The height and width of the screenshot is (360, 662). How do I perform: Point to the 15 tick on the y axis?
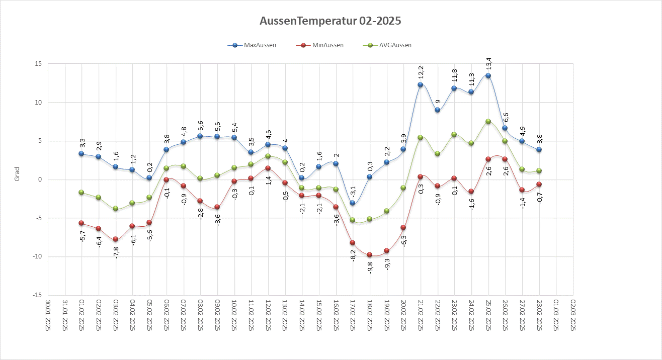39,64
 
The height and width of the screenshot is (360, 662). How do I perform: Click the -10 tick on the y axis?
37,257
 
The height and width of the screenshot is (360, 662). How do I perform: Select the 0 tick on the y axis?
40,179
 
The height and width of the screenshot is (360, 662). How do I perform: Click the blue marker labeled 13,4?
488,76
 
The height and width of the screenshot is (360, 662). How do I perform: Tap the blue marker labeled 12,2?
420,85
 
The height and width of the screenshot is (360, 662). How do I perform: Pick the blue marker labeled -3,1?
353,203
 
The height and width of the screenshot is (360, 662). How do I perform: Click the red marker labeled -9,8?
370,255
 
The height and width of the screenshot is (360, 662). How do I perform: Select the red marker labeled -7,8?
115,239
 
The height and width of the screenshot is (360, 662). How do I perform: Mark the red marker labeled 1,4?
268,168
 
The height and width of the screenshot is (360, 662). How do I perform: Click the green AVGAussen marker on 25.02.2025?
488,121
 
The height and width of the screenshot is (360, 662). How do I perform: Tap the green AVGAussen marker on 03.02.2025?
115,208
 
